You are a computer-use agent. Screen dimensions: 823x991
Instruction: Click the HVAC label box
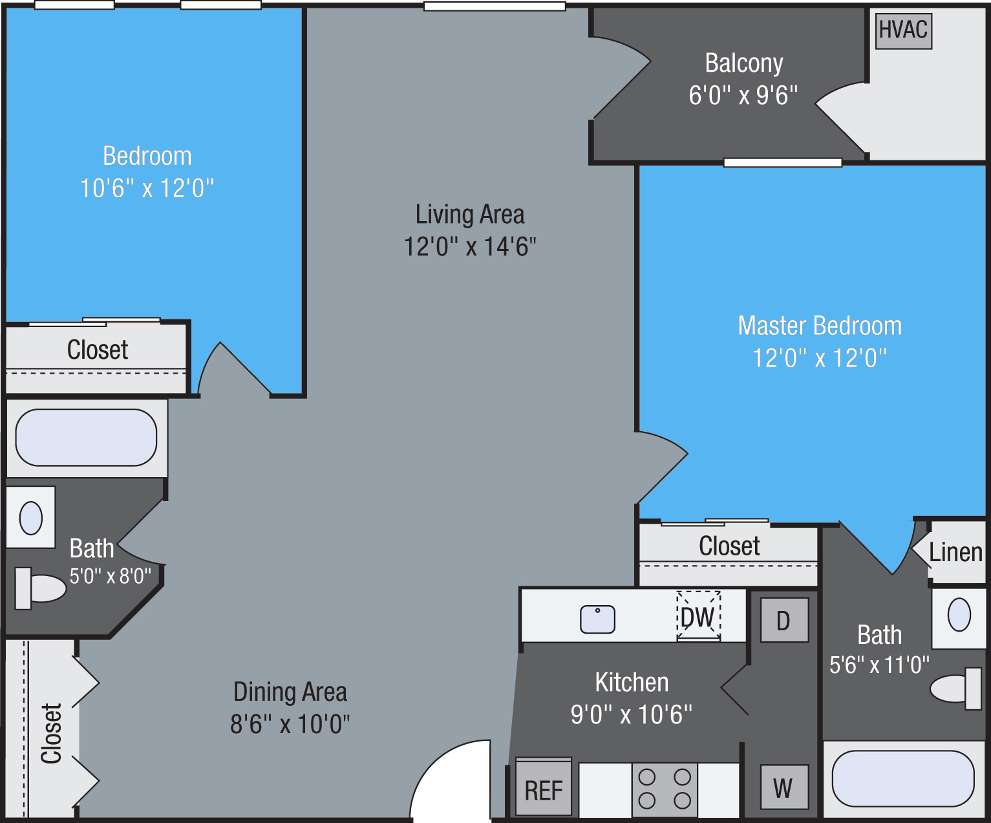click(903, 30)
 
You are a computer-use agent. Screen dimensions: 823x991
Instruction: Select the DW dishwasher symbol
click(698, 616)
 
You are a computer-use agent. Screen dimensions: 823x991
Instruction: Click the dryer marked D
click(783, 620)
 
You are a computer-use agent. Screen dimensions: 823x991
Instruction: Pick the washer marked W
click(783, 787)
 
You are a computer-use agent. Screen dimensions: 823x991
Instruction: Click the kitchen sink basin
click(597, 619)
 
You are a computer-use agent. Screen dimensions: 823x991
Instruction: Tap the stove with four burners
click(665, 789)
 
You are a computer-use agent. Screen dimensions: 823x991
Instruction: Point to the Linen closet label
click(955, 552)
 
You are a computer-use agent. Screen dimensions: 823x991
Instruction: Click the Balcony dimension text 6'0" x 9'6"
click(743, 95)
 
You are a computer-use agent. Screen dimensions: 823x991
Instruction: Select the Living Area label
click(470, 214)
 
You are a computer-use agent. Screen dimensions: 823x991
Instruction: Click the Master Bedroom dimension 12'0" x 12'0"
click(819, 358)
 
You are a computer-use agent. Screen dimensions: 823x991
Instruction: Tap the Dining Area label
click(290, 692)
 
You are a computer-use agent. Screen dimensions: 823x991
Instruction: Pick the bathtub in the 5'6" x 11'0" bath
click(902, 778)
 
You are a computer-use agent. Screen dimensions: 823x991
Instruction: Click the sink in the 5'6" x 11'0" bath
click(959, 614)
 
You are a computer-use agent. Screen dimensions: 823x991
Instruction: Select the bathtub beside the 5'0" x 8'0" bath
click(86, 438)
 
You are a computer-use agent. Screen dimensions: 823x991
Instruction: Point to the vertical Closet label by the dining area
click(52, 733)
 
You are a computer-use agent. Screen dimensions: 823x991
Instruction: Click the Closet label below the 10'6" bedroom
click(98, 350)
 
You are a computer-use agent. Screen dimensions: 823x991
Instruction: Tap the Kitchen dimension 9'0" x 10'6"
click(631, 714)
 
